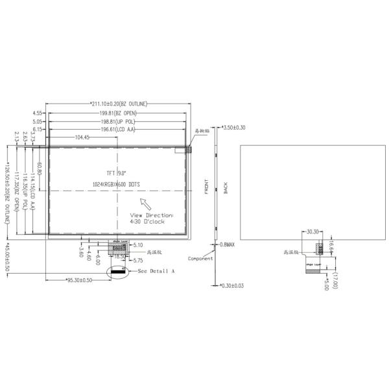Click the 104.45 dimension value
click(82, 137)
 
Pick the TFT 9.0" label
click(117, 173)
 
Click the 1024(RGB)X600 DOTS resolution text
click(117, 184)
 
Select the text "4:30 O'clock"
click(150, 221)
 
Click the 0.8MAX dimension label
click(228, 244)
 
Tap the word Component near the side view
click(200, 258)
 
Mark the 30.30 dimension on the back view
click(313, 231)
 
